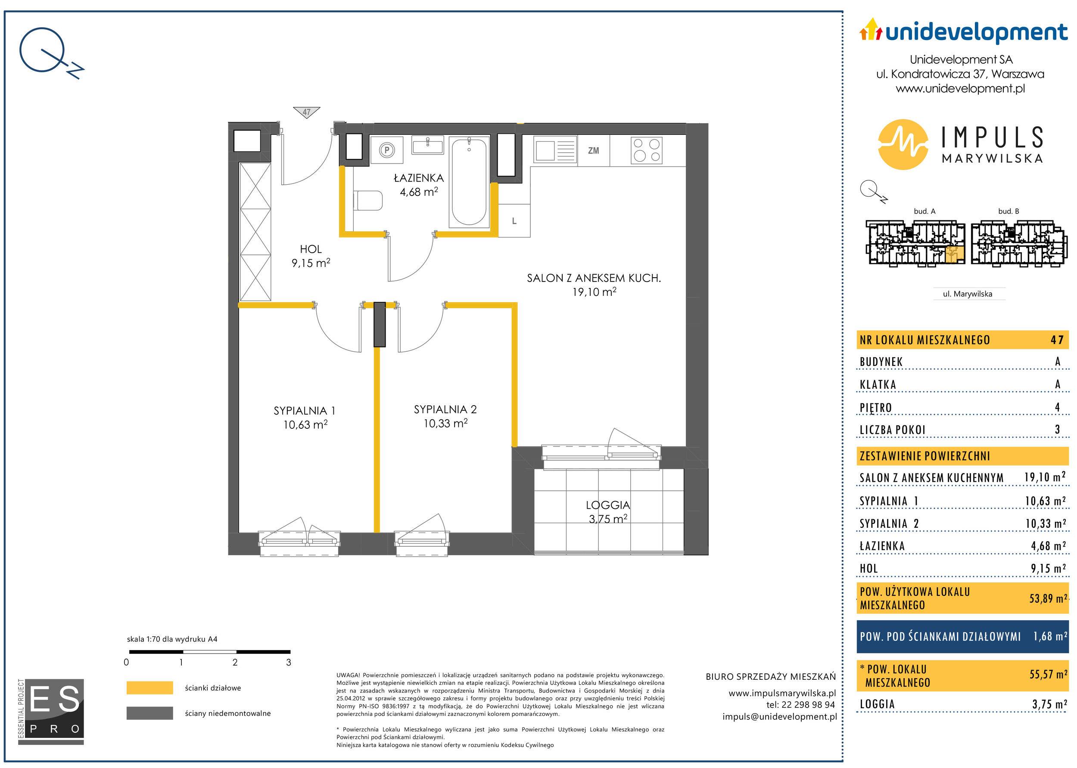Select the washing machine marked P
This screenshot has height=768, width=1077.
coord(387,150)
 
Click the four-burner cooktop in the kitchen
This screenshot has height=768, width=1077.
coord(646,150)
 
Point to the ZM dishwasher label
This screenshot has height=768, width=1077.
coord(593,150)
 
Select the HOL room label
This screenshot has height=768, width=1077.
coord(311,249)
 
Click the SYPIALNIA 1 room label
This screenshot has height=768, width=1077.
coord(304,411)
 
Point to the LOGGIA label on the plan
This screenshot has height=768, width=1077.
coord(607,505)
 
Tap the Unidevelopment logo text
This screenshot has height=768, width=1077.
coord(976,32)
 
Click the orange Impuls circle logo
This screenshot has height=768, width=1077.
coord(903,144)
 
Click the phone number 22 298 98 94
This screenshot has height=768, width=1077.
coord(809,704)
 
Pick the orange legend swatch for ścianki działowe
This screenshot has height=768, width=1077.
coord(149,687)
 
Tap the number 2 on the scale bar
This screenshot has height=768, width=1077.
coord(235,662)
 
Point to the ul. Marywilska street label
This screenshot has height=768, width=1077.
coord(967,294)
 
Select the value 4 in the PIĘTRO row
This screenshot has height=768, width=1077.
coord(1057,407)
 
